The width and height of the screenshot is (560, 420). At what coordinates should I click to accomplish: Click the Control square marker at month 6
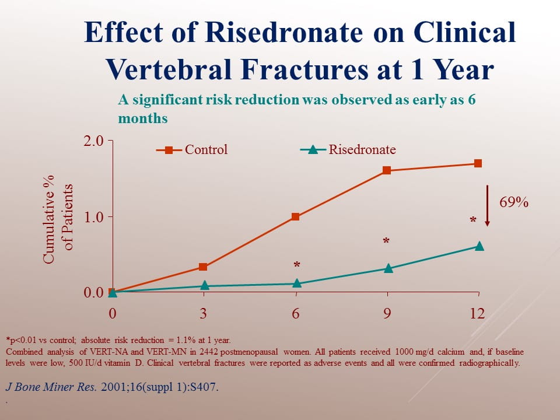(295, 217)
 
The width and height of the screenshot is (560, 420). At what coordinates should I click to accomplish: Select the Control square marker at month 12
(478, 163)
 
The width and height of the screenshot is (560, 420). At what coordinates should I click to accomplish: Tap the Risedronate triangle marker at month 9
(388, 268)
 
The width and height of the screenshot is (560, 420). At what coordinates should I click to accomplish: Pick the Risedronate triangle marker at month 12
(479, 246)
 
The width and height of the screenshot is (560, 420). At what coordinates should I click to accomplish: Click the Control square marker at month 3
(203, 267)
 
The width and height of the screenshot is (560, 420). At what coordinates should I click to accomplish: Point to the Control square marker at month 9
(386, 171)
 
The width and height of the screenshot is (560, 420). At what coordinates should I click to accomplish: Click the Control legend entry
(192, 150)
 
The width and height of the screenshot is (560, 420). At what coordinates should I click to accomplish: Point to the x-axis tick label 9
(386, 313)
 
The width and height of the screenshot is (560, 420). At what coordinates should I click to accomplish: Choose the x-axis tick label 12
(477, 313)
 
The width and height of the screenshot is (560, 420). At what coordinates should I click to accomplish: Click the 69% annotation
(514, 203)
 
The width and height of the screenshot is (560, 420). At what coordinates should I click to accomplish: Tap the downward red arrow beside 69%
(488, 205)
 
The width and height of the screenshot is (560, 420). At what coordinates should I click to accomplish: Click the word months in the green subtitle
(143, 118)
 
